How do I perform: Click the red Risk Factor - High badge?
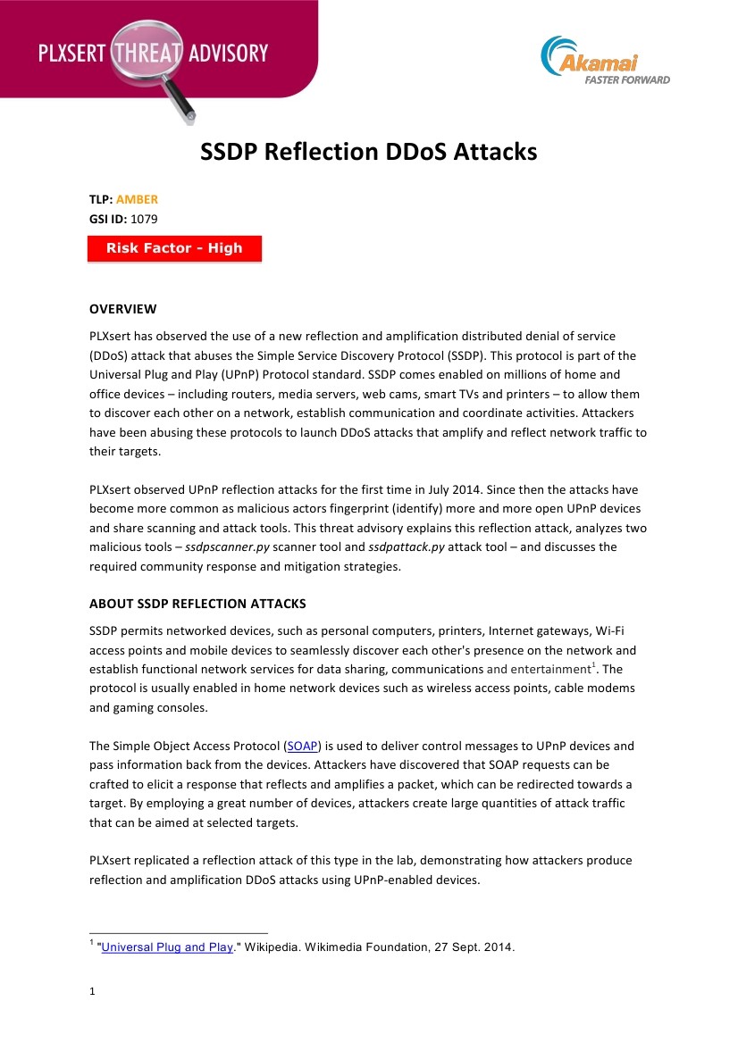174,248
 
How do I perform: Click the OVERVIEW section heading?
122,309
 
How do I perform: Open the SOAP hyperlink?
302,746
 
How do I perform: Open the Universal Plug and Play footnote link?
168,947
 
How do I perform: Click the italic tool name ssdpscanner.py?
227,547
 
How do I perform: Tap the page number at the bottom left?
92,991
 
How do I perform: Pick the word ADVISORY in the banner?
228,53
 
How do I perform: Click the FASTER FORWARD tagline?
627,79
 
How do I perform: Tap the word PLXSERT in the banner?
71,53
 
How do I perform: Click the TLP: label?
100,199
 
